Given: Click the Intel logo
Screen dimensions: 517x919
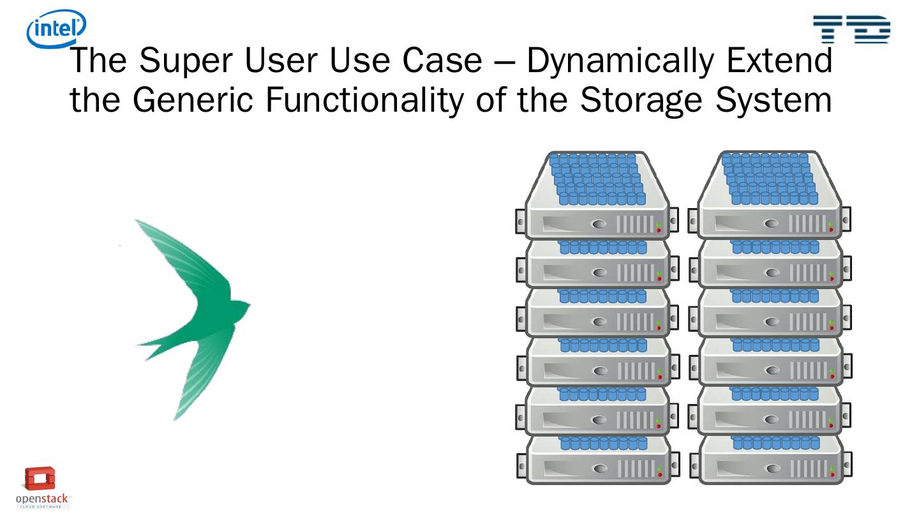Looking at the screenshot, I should pos(56,29).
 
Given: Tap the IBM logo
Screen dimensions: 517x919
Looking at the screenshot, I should pos(851,29).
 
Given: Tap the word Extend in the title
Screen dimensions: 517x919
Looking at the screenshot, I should pos(784,61).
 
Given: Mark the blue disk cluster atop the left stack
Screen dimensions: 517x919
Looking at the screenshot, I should pos(597,179).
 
